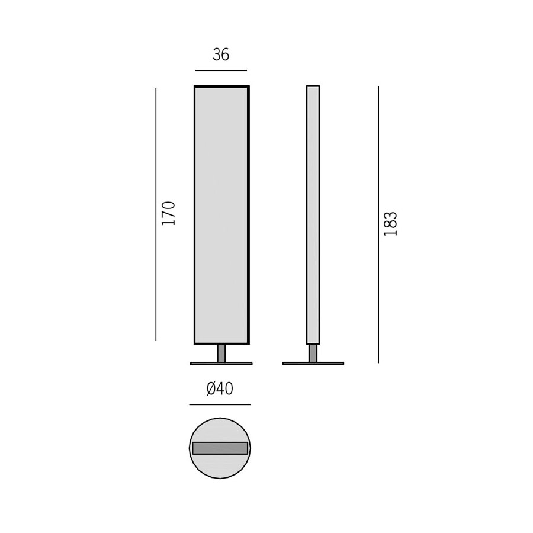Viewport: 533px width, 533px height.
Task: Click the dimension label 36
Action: coord(221,54)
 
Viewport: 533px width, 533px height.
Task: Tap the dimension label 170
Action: coord(169,213)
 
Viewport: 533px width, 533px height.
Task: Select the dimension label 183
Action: coord(390,224)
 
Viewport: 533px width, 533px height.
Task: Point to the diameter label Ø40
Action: coord(220,389)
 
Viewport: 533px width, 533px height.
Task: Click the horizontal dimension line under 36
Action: coord(221,70)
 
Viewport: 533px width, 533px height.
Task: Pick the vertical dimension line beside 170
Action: coord(156,214)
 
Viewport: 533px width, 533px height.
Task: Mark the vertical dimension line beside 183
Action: coord(378,224)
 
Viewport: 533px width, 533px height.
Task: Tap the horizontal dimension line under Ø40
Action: coord(220,405)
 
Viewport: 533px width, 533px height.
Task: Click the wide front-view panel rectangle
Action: coord(221,215)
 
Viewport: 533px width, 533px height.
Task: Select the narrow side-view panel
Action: coord(313,215)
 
